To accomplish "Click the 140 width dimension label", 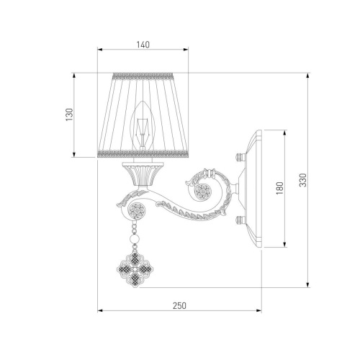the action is click(x=143, y=45).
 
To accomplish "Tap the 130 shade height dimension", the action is click(x=69, y=114).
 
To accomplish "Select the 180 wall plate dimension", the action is click(x=279, y=188).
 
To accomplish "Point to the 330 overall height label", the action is click(x=303, y=180).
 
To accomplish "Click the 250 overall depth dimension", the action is click(x=179, y=306).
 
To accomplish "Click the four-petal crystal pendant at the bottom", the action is click(x=135, y=269).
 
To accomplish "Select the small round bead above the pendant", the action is click(x=135, y=239).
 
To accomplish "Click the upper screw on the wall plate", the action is click(x=240, y=158).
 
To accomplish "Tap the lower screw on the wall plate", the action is click(x=240, y=220).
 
